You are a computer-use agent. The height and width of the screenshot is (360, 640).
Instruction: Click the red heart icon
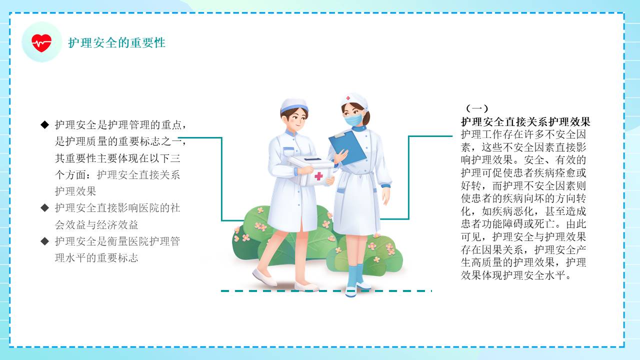coord(41,43)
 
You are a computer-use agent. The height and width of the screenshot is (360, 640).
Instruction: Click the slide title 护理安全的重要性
coord(117,43)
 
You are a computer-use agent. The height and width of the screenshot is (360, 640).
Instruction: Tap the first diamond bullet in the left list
coord(45,124)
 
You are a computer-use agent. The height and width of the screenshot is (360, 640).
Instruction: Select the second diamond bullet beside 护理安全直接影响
coord(45,207)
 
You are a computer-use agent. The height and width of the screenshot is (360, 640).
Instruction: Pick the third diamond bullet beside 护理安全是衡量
coord(45,241)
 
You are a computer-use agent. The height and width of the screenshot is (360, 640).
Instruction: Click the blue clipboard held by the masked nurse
coord(347,148)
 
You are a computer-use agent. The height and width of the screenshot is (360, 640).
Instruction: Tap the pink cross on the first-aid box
coord(318,176)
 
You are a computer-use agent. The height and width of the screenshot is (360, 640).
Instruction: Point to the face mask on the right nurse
coord(353,119)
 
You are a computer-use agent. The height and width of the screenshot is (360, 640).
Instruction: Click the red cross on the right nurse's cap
coord(348,98)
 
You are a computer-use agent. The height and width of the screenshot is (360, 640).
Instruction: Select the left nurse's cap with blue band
coord(294,105)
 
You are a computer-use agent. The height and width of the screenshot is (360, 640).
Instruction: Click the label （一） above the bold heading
coord(477,108)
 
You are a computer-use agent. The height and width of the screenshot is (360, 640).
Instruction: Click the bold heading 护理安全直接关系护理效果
coord(525,122)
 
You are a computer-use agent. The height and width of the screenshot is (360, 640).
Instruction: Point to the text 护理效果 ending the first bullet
coord(75,191)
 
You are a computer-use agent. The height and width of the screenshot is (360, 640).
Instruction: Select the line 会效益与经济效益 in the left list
coord(96,224)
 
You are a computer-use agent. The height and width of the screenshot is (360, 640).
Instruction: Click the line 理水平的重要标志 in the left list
coord(96,258)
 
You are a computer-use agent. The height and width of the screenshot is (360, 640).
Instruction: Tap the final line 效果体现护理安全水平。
coord(516,275)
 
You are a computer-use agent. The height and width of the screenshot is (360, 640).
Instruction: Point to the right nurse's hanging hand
coord(386,196)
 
